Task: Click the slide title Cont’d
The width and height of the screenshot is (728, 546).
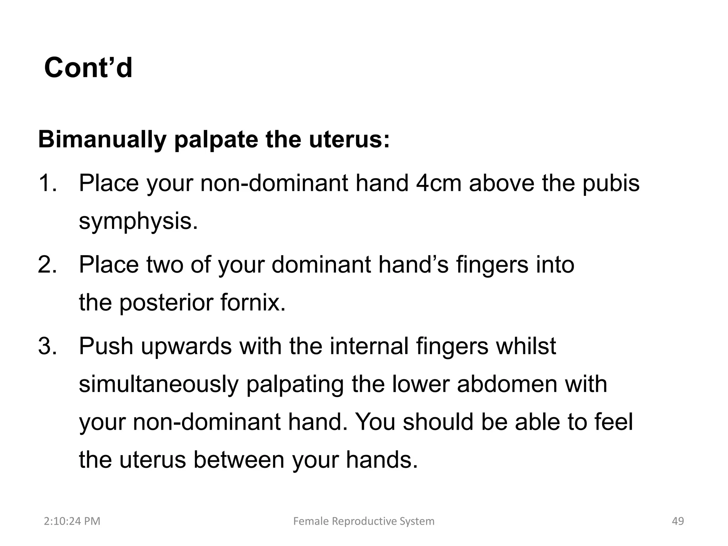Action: [88, 68]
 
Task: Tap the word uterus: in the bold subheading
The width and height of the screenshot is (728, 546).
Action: [349, 140]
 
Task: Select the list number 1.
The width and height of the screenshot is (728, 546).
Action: [47, 183]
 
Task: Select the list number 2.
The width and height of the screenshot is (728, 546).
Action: [47, 265]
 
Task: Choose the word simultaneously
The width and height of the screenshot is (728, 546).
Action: [158, 385]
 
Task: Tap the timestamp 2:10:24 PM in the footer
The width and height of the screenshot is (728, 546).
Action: [72, 521]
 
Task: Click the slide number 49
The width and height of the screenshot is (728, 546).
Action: [678, 521]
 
